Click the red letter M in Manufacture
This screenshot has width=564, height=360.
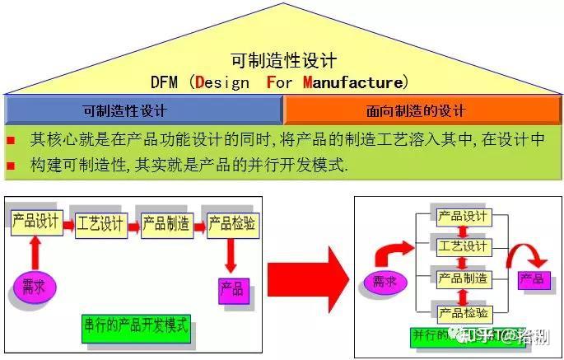click(308, 82)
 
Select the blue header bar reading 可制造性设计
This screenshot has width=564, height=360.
click(144, 110)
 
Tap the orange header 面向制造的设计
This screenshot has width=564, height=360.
click(423, 110)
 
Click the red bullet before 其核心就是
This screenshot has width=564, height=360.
click(11, 140)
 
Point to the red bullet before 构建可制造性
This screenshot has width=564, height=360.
click(11, 166)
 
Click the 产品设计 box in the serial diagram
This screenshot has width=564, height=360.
click(36, 222)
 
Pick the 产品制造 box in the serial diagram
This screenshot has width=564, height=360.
click(165, 224)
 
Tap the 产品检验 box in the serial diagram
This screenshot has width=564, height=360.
click(231, 223)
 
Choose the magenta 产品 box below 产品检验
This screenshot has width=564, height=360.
click(231, 289)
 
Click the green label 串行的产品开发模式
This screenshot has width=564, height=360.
click(136, 325)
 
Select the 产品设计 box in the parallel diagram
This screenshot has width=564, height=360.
click(463, 217)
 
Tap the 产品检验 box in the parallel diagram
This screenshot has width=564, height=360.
click(463, 312)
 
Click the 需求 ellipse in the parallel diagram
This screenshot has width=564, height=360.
click(380, 283)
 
